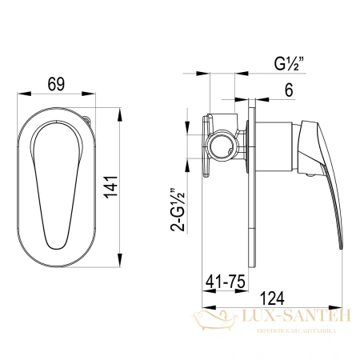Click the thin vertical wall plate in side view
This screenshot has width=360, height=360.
255,184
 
